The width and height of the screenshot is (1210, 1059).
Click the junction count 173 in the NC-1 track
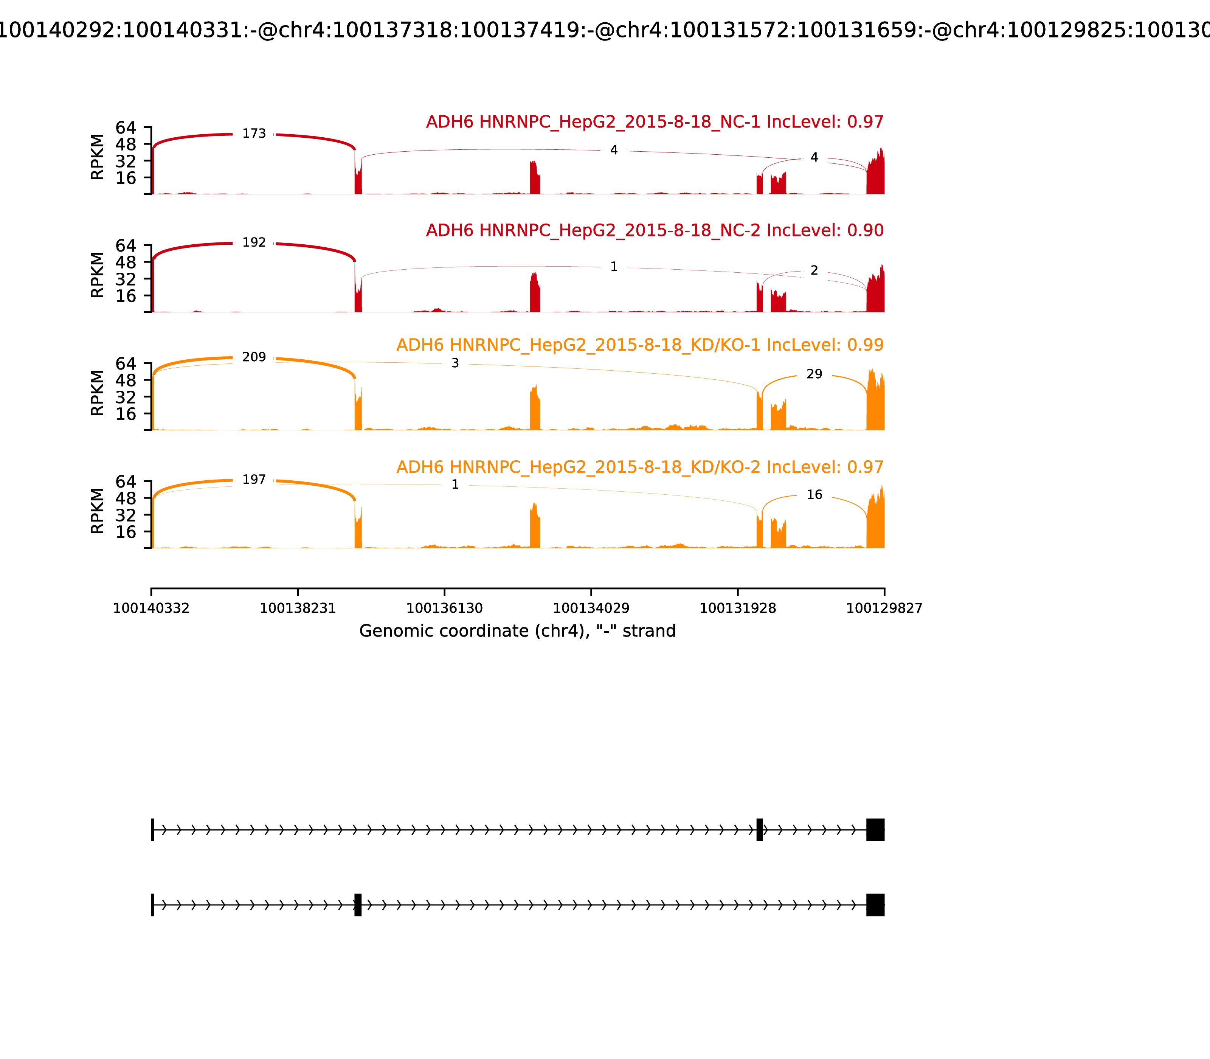coord(254,134)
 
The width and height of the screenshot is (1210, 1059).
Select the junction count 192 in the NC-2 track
coord(254,243)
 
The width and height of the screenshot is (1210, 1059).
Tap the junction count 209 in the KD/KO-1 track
coord(254,357)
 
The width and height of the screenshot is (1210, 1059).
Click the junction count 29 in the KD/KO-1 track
coord(814,374)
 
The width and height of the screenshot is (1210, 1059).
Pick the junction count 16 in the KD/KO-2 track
coord(814,495)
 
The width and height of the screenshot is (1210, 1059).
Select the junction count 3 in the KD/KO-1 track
coord(455,363)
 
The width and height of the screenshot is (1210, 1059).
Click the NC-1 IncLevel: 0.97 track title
coord(655,122)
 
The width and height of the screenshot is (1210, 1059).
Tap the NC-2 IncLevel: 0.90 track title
coord(655,230)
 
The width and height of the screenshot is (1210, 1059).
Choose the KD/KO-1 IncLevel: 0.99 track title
coord(640,345)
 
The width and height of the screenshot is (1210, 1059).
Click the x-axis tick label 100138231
coord(298,609)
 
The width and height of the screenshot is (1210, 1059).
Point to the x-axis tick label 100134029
coord(591,609)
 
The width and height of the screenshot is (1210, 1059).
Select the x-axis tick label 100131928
coord(737,609)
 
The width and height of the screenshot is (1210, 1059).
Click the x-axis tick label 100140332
coord(151,609)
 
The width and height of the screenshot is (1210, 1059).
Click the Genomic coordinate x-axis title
coord(517,631)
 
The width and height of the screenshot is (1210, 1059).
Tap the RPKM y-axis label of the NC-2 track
coord(98,275)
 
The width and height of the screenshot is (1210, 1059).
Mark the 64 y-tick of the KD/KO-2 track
coord(125,481)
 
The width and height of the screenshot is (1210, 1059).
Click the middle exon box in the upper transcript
coord(759,830)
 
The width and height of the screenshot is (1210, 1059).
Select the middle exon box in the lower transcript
coord(357,905)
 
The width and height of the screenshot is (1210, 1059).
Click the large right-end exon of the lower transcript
coord(875,905)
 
